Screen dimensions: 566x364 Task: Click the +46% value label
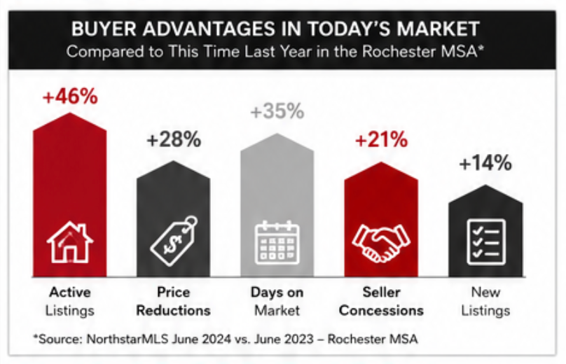coord(70,97)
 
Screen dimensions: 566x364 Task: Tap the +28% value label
coord(174,139)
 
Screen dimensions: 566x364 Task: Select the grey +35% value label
coord(277,111)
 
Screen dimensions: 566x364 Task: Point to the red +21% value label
coord(381,139)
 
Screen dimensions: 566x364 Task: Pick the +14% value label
coord(485,162)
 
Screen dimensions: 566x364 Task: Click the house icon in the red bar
coord(70,242)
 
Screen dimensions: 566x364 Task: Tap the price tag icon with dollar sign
coord(174,241)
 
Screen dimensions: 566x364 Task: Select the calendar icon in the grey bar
coord(277,242)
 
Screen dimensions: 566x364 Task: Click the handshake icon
coord(381,243)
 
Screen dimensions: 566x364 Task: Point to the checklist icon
coord(486,242)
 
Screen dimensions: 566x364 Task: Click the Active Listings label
coord(70,301)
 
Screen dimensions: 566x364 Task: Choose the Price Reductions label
coord(174,301)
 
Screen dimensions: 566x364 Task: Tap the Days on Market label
coord(277,301)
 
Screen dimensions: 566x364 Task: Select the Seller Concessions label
coord(381,301)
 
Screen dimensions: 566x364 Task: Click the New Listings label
coord(485,301)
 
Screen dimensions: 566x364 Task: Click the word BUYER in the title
coord(104,29)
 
